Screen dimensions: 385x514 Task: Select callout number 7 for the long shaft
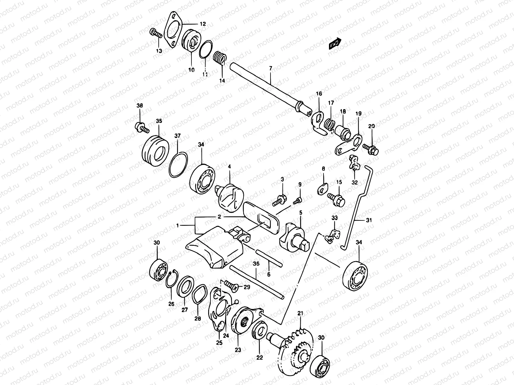[x=270, y=68]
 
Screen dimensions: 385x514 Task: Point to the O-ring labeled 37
[x=178, y=164]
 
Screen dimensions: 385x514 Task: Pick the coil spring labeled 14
[x=221, y=59]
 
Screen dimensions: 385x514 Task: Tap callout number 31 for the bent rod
[x=369, y=220]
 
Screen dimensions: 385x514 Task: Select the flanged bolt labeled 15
[x=336, y=199]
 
